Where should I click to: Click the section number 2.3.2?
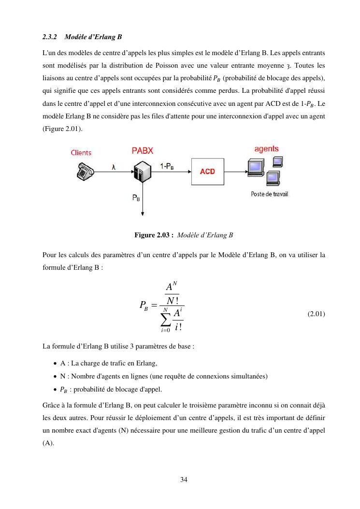(x=50, y=37)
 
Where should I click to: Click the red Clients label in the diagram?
(x=81, y=153)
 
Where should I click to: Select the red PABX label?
(x=142, y=151)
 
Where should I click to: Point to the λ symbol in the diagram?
(x=114, y=167)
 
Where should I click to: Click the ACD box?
(x=207, y=172)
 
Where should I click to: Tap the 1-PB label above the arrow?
(x=167, y=166)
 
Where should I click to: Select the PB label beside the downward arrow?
(x=136, y=197)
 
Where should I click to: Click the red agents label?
(x=266, y=149)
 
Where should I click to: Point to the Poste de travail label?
(x=269, y=194)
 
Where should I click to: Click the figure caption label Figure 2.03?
(x=155, y=235)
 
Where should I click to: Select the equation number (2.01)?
(x=316, y=314)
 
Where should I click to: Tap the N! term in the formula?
(x=170, y=300)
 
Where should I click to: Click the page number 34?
(x=184, y=480)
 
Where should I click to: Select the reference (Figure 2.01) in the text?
(x=62, y=130)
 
